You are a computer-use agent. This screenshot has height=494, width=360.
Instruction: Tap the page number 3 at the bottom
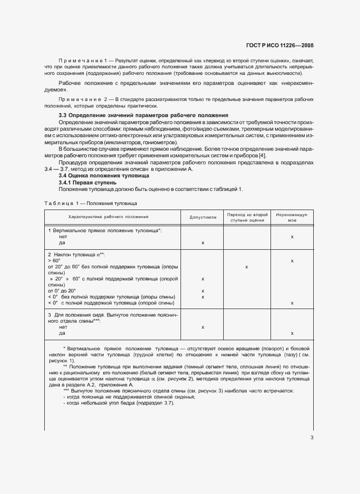coord(312,437)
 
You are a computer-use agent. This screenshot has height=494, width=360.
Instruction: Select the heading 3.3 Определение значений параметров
coord(143,116)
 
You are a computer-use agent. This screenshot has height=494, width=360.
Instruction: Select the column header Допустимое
coord(203,217)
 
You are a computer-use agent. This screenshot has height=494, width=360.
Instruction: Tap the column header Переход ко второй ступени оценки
coord(246,217)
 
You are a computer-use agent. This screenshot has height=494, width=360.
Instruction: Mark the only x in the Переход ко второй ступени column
coord(246,267)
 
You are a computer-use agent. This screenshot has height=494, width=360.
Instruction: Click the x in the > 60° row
coord(292,261)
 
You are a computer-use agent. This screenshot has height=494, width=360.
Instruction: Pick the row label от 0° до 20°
coord(62,290)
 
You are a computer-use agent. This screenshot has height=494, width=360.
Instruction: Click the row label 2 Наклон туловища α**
coord(76,255)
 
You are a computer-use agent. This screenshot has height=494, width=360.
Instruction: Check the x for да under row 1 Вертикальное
coord(203,242)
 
